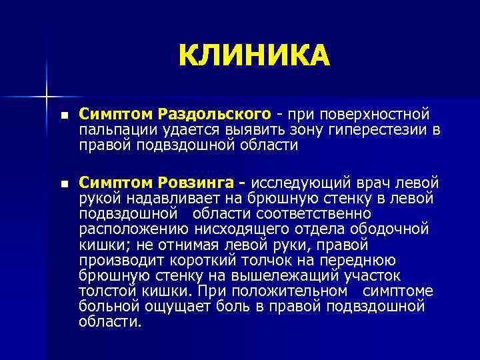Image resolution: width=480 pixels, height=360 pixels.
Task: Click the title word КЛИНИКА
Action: click(x=254, y=55)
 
